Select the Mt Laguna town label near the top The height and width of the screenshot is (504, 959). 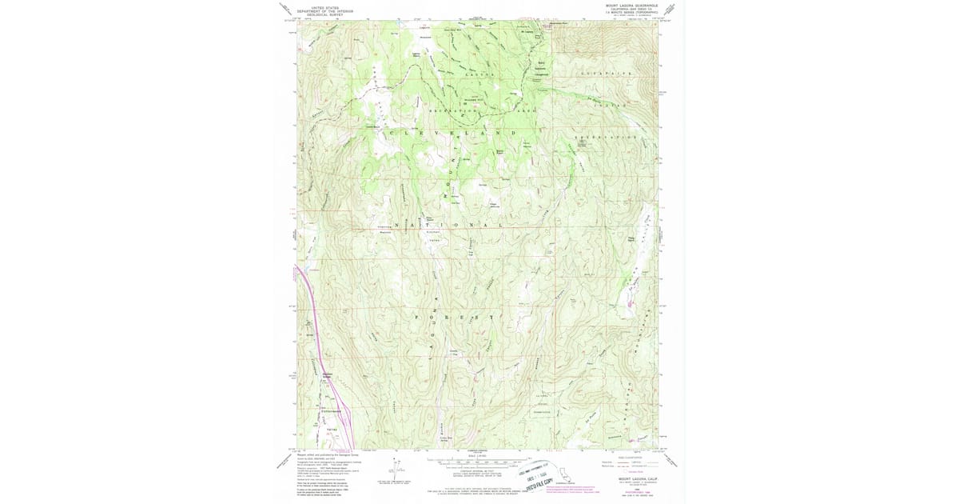coord(527,31)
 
